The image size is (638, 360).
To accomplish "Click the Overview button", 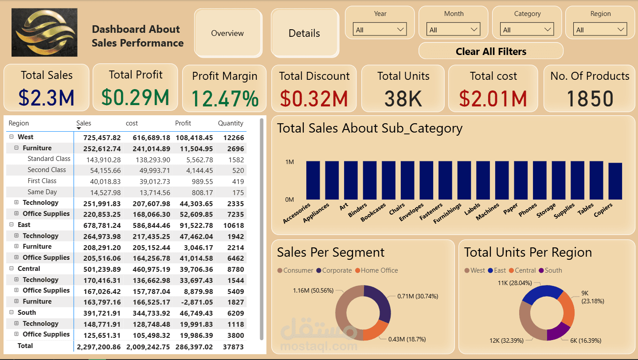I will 227,33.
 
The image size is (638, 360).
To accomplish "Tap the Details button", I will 304,33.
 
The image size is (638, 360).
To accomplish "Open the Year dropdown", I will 380,30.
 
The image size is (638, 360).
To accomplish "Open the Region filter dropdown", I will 600,30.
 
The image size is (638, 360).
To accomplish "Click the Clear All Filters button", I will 491,51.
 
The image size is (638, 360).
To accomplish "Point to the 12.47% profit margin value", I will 225,98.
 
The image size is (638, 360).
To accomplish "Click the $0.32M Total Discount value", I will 314,98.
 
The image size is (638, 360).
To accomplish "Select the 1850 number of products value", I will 590,98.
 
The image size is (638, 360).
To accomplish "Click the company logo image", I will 44,32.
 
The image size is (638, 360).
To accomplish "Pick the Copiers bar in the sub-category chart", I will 615,181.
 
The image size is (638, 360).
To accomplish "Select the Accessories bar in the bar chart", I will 313,180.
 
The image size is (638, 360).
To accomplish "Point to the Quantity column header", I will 231,123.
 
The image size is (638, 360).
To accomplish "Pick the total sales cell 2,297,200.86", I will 98,347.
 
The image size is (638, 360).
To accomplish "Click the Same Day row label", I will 42,192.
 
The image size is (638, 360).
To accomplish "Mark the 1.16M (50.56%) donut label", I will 313,290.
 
